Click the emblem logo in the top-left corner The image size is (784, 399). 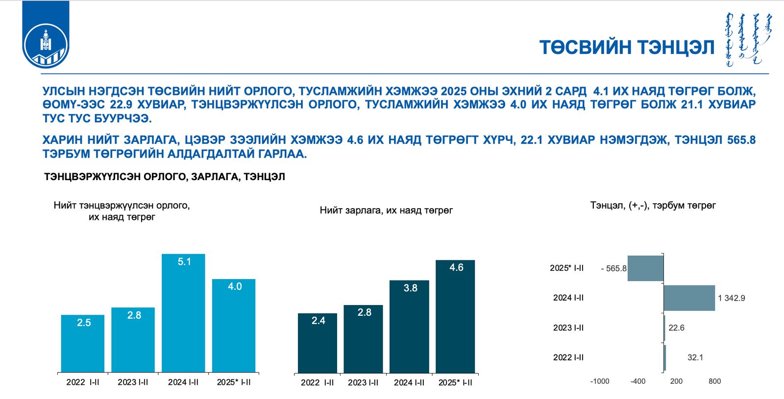[46, 34]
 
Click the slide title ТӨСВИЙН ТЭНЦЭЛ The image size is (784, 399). [627, 47]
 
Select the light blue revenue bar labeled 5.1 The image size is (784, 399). [183, 313]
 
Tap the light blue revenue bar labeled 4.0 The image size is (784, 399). [234, 326]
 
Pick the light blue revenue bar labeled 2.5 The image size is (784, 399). [83, 343]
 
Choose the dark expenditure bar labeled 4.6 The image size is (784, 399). [455, 316]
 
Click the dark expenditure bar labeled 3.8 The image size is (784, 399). [409, 327]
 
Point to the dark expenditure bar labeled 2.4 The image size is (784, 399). [318, 343]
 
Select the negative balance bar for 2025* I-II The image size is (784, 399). [645, 268]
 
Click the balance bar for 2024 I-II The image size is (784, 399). [689, 298]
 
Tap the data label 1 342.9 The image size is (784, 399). [732, 298]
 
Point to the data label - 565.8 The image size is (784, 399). [614, 268]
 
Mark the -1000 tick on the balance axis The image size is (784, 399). [600, 381]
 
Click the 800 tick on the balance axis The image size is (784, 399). [715, 381]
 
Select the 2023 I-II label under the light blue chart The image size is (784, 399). [133, 382]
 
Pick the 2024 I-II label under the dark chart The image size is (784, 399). [409, 382]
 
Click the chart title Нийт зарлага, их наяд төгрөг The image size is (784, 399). [386, 210]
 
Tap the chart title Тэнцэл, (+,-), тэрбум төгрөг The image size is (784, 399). [653, 205]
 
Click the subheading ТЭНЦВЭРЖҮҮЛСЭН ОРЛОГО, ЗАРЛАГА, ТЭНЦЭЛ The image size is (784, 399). [165, 177]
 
